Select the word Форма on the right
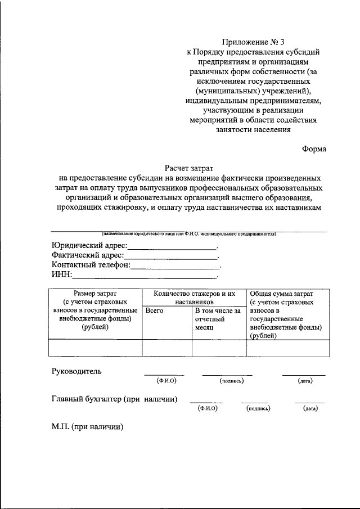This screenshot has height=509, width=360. (313, 149)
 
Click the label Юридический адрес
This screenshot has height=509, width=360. (89, 246)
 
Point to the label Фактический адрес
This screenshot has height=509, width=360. (88, 255)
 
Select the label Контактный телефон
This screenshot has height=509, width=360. (91, 264)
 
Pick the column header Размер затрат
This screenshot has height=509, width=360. (95, 294)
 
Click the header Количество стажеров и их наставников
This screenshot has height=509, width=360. (193, 298)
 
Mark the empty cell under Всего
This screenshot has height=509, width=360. (166, 348)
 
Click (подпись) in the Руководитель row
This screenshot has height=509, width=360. (231, 381)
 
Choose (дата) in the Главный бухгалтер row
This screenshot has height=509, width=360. (310, 408)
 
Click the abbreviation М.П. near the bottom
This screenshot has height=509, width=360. (60, 427)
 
